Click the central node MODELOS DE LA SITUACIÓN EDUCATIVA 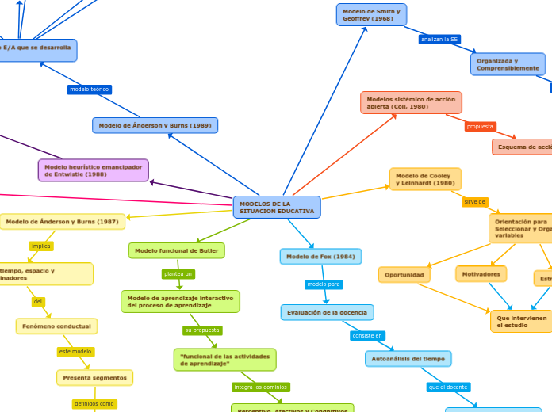(277, 208)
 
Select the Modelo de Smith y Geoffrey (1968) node (371, 15)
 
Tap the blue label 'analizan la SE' (439, 39)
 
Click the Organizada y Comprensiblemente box (508, 64)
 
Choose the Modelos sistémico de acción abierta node (411, 102)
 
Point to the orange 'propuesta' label (480, 126)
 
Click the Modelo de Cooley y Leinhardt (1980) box (425, 179)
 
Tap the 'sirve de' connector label (475, 202)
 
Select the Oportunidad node (404, 275)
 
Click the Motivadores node (481, 274)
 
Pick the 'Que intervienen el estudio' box (521, 321)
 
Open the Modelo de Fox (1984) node (320, 257)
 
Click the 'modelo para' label (324, 284)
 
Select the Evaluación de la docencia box (327, 312)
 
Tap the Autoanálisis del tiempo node (408, 359)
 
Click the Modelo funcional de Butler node (176, 250)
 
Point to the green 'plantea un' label (178, 274)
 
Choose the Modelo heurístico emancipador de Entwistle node (93, 170)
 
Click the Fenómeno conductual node (56, 326)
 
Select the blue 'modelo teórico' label (89, 90)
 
